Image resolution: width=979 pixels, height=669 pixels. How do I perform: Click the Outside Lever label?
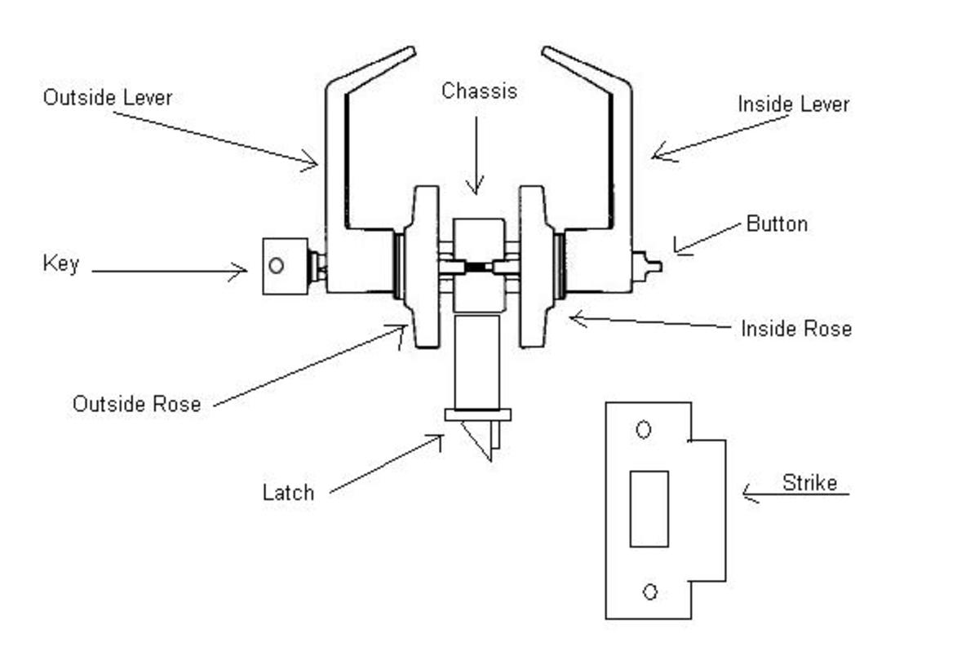point(108,98)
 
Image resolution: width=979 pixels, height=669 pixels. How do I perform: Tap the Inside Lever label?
point(793,104)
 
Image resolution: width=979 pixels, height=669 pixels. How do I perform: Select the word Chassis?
point(479,91)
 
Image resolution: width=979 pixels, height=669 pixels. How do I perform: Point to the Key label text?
point(61,264)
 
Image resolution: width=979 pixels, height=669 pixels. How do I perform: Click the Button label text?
point(777,224)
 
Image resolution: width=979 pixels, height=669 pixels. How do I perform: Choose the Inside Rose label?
point(796,329)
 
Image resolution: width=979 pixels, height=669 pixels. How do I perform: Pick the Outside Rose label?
point(136,404)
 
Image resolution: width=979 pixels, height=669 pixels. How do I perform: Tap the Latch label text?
point(288,493)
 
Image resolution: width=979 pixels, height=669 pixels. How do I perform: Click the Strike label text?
point(809,483)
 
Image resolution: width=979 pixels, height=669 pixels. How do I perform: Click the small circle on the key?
point(277,265)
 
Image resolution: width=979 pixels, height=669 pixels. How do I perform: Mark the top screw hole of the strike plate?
point(644,429)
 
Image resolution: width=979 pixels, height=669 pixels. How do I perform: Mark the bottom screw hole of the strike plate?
point(650,591)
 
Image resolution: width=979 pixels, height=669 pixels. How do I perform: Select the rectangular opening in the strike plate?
point(649,508)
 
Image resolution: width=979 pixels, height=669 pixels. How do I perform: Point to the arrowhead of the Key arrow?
point(243,271)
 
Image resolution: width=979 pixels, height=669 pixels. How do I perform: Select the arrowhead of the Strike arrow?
point(746,493)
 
